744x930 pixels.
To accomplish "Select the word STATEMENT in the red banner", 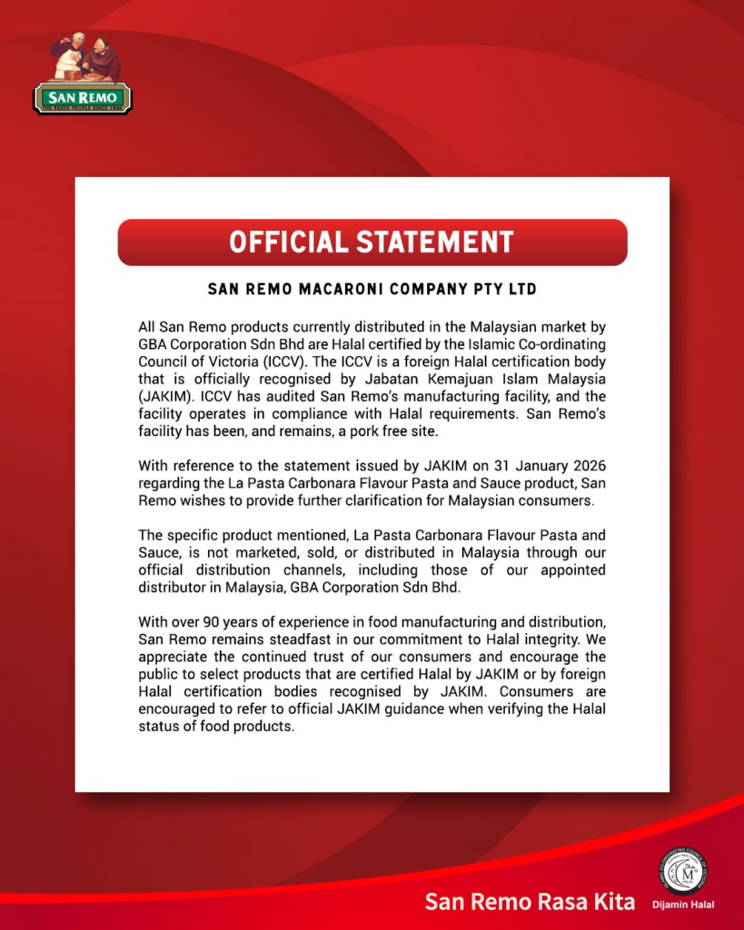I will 434,242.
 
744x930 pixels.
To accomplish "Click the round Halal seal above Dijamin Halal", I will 683,871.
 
